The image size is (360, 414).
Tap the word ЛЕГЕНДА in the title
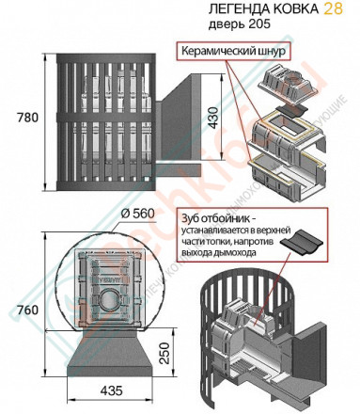(x=234, y=9)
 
